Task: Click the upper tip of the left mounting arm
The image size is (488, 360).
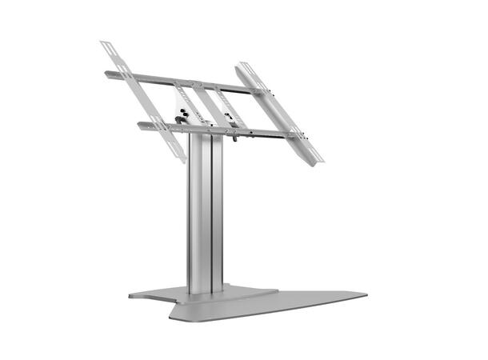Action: [x=105, y=44]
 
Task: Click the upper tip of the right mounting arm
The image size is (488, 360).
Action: [x=240, y=65]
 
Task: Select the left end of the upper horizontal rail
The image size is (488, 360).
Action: [x=106, y=74]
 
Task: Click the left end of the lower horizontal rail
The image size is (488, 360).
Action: [x=139, y=124]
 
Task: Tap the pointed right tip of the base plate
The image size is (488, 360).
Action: [x=366, y=294]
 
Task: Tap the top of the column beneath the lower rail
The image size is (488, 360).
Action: [x=203, y=138]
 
